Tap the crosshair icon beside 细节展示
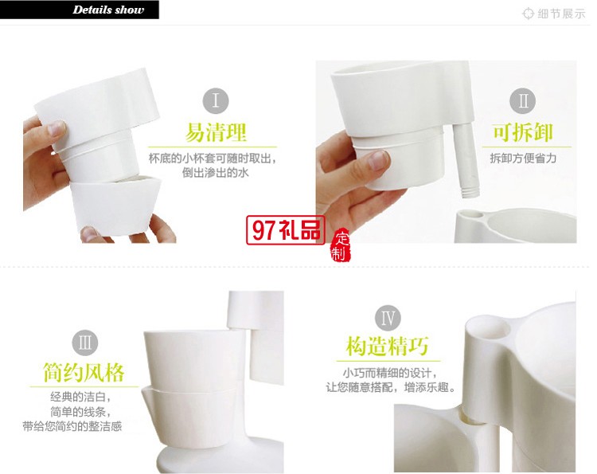coord(528,14)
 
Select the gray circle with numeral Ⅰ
coord(216,101)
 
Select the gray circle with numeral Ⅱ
coord(523,101)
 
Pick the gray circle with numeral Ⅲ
coord(84,343)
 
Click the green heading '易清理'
coord(217,132)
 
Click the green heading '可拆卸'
coord(523,132)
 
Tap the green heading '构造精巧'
coord(388,347)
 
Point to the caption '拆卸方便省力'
coord(523,158)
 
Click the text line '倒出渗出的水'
coord(217,172)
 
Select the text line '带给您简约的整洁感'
coord(72,426)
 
